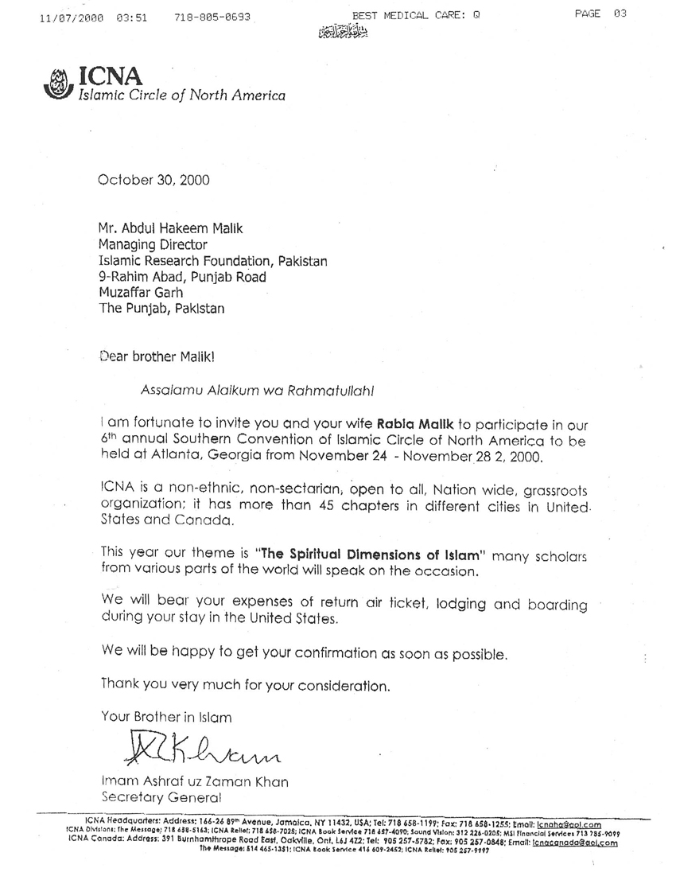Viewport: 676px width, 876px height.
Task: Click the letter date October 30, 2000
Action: [153, 180]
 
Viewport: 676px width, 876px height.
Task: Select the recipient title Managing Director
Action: [152, 245]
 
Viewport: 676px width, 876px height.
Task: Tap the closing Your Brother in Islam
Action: [166, 717]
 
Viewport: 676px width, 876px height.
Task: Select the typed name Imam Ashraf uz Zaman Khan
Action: [194, 781]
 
